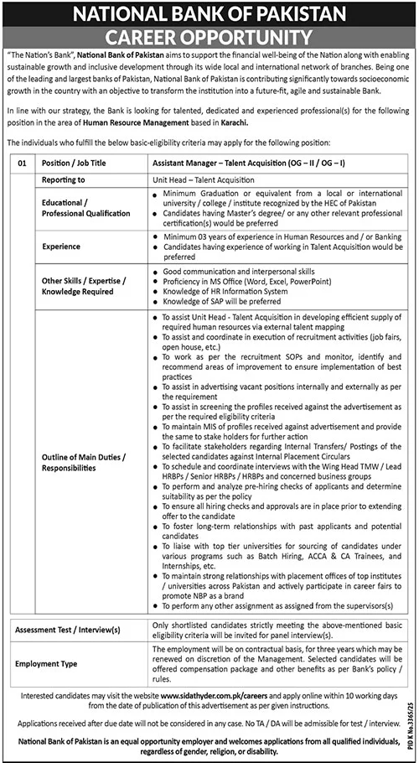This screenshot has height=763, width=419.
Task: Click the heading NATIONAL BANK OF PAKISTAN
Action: pyautogui.click(x=209, y=13)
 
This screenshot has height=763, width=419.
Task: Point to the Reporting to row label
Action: pyautogui.click(x=65, y=179)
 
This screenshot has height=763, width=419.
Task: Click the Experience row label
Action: pyautogui.click(x=62, y=247)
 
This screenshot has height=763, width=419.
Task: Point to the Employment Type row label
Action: pyautogui.click(x=72, y=662)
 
